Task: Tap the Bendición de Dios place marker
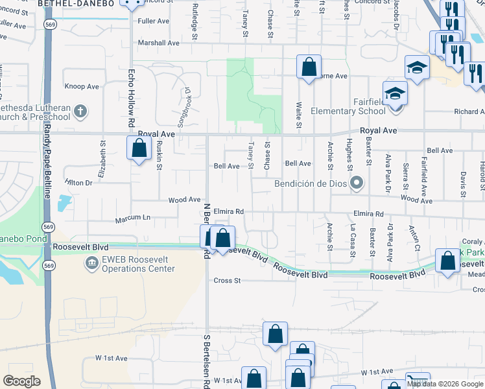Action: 355,183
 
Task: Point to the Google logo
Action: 21,381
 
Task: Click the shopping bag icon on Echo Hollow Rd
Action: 139,148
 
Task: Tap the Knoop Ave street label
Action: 82,86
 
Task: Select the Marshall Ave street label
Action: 158,43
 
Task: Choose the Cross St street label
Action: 227,281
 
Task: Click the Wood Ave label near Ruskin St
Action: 185,200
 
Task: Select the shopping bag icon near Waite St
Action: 309,66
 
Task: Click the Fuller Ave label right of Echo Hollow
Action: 153,21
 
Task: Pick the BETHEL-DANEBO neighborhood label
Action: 76,3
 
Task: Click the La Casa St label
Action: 353,237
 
